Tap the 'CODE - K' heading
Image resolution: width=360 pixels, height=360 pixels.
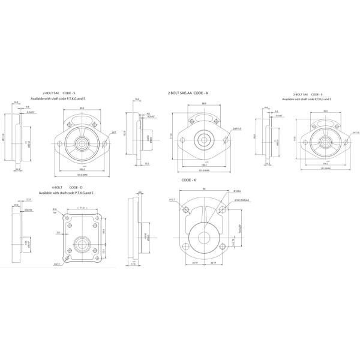pos(190,179)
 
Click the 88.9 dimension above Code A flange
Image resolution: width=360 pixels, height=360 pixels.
pos(204,104)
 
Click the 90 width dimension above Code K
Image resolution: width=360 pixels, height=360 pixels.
pos(203,188)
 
